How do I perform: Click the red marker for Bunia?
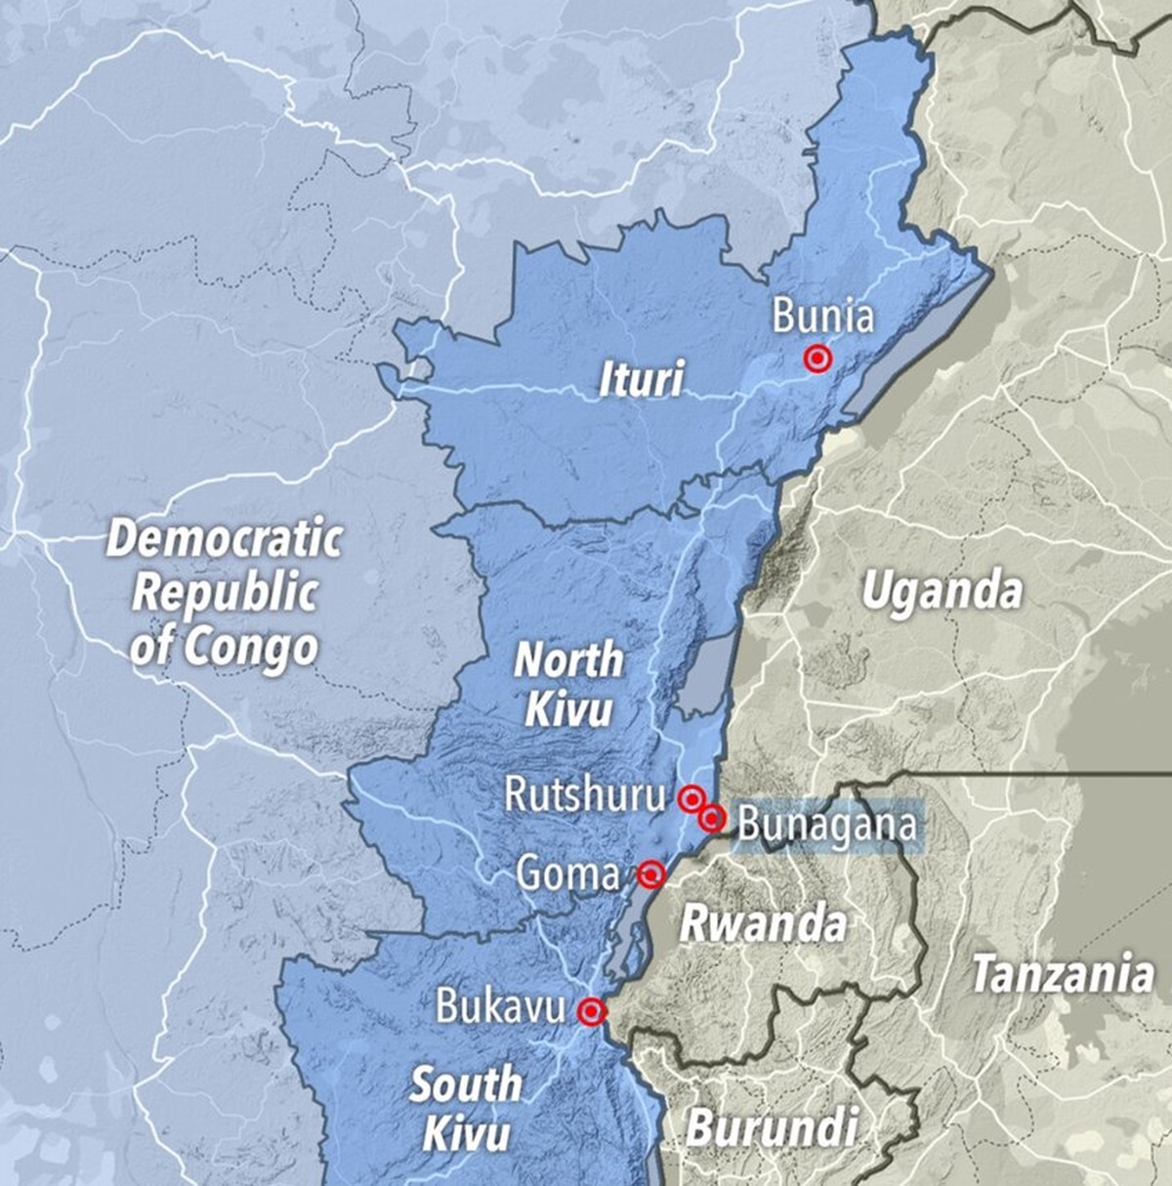(817, 360)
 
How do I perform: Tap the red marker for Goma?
(650, 873)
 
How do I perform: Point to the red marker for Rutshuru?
(691, 798)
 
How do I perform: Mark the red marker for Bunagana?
(712, 818)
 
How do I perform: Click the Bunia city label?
(821, 317)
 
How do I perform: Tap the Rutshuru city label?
(584, 795)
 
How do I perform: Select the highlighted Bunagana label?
(827, 824)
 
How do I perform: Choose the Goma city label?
(567, 872)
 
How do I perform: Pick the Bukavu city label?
(500, 1006)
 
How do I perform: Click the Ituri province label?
(641, 379)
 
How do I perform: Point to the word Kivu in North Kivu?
(568, 708)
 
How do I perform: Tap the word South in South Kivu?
(466, 1084)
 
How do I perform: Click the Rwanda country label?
(763, 923)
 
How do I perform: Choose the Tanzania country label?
(1063, 974)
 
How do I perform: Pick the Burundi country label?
(772, 1128)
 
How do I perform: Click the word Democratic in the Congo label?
(225, 538)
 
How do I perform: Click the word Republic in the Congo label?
(225, 592)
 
